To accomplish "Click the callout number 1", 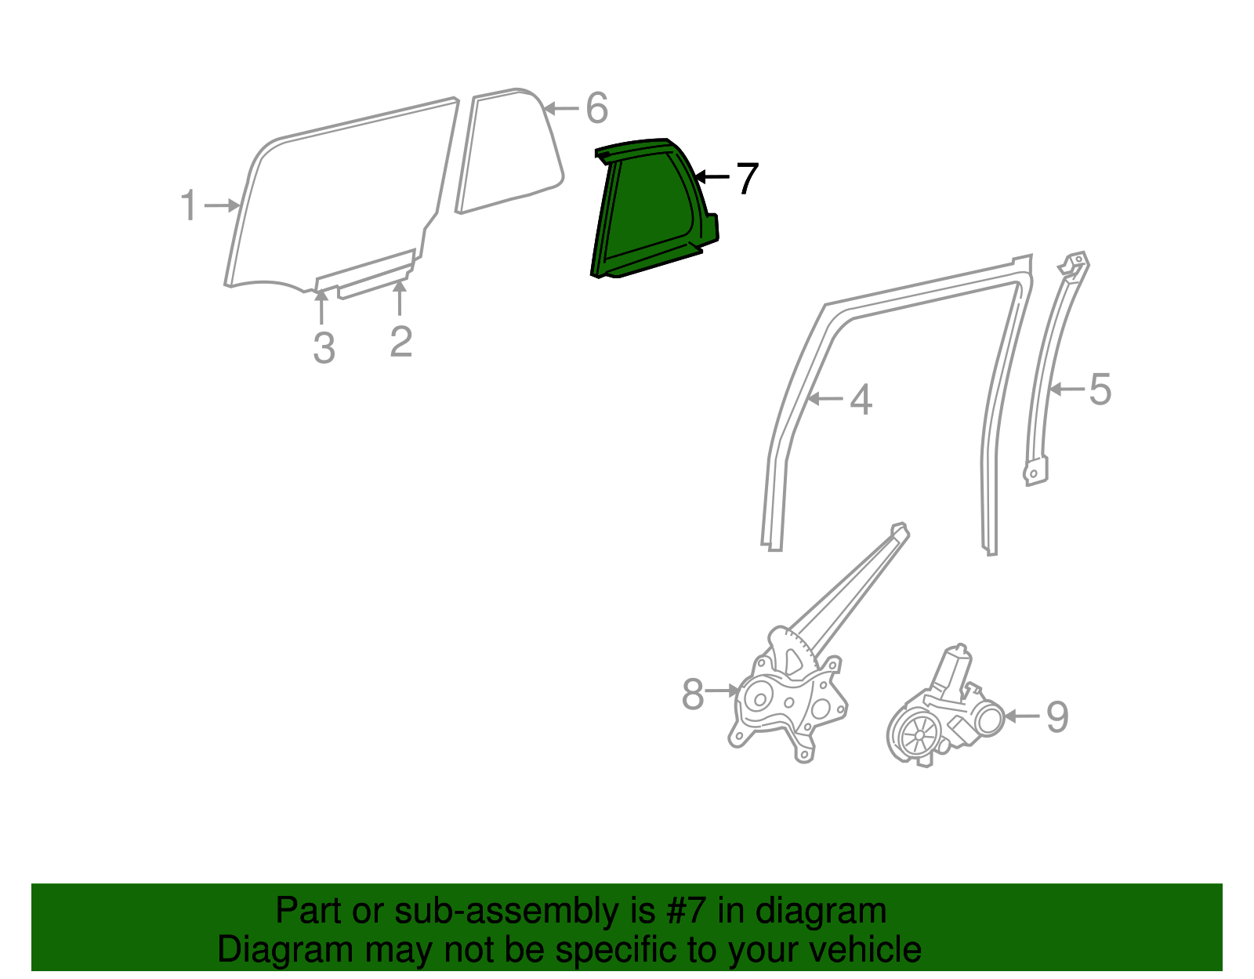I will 188,205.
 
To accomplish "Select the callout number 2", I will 400,342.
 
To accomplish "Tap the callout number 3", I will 324,349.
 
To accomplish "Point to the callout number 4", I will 861,400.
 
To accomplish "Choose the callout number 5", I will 1100,390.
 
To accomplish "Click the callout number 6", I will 596,108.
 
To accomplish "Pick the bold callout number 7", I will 747,179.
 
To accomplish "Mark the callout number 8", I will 693,694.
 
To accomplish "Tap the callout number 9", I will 1057,717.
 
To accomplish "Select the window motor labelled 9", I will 944,713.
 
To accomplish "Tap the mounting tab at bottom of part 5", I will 1035,472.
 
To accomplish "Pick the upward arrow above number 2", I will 400,298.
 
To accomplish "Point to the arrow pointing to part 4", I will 825,399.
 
